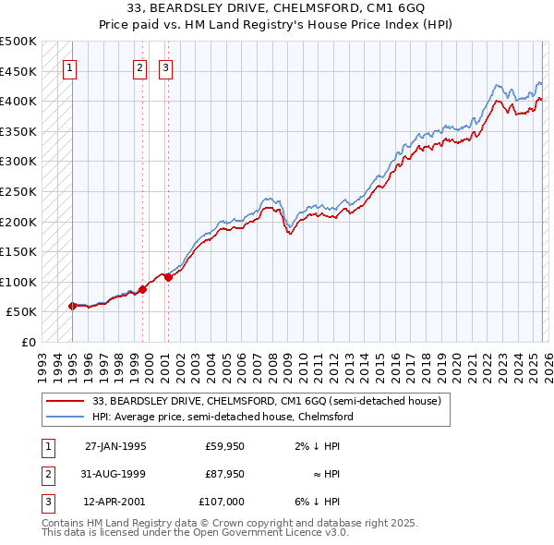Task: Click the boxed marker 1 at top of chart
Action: tap(70, 67)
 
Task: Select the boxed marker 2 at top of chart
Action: tap(139, 67)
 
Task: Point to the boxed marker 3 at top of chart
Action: tap(165, 67)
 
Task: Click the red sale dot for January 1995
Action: tap(72, 306)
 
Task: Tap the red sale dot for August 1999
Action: tap(143, 289)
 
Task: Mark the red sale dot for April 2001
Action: tap(167, 277)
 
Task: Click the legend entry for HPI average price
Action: tap(223, 417)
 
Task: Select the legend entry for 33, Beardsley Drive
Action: tap(267, 402)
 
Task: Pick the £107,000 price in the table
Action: tap(222, 502)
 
